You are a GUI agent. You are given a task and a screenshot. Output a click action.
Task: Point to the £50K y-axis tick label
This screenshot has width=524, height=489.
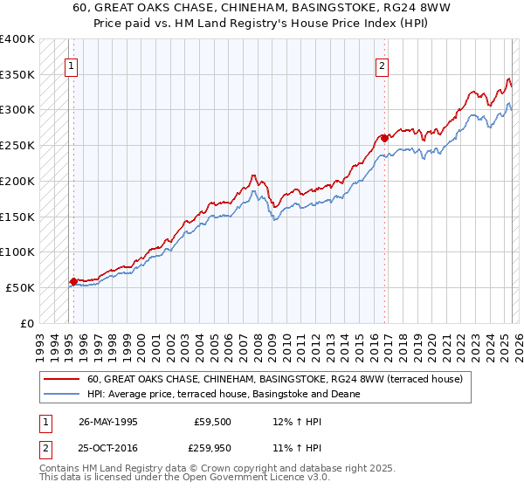tap(19, 287)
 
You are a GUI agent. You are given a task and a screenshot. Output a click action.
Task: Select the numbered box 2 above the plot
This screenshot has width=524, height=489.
tap(383, 64)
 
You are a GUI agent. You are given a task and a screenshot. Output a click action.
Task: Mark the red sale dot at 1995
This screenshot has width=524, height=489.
tap(73, 281)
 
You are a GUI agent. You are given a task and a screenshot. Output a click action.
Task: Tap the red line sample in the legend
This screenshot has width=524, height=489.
tap(63, 379)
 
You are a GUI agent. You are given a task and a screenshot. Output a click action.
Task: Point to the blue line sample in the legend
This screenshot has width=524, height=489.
tap(63, 394)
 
